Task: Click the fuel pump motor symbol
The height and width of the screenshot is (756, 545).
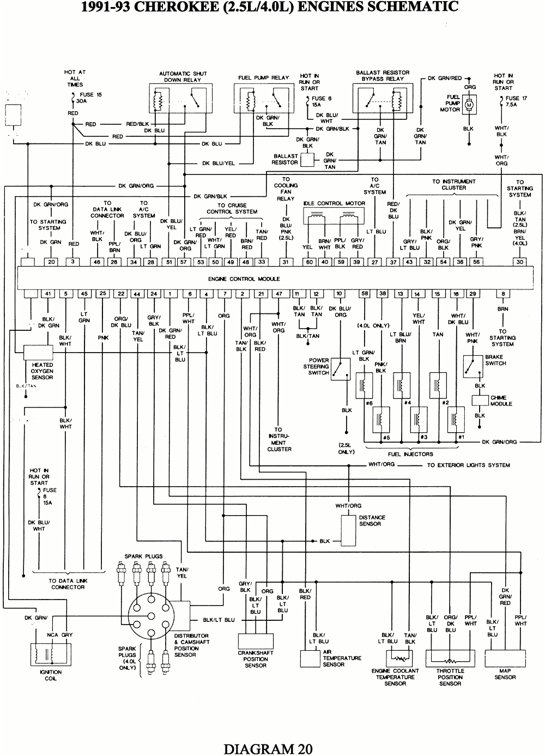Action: point(469,103)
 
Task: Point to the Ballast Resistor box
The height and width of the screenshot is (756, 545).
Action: point(307,159)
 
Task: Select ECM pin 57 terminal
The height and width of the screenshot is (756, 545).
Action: point(184,262)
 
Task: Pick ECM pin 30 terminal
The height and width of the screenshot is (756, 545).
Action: point(520,262)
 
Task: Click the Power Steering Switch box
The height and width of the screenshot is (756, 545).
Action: point(341,370)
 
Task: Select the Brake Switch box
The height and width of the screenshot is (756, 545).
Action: point(472,366)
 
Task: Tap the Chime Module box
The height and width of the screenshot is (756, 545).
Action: point(480,400)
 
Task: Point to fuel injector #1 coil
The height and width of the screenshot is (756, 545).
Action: point(455,420)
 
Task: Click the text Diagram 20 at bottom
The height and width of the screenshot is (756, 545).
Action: point(268,748)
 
